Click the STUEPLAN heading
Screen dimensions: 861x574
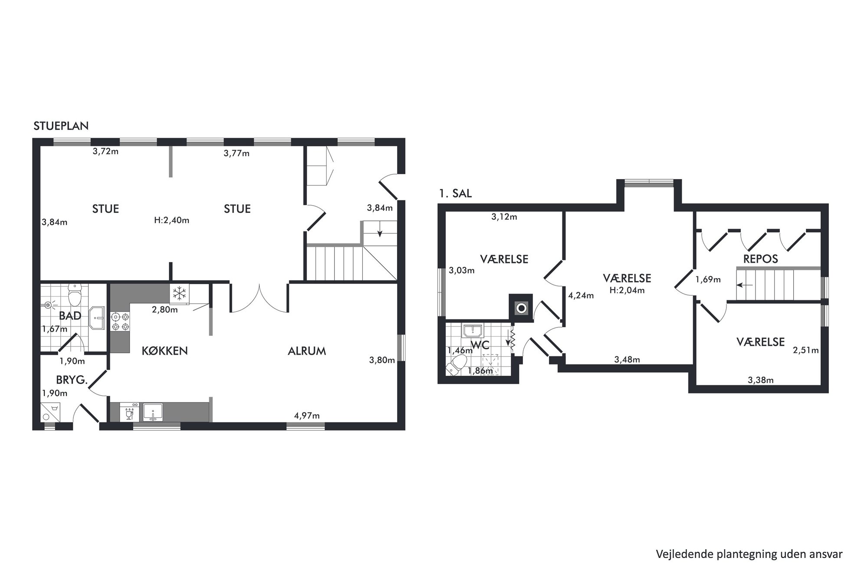[61, 126]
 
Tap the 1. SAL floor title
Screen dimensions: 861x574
[455, 194]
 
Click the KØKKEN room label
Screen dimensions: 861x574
[165, 351]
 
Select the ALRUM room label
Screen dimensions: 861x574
[307, 351]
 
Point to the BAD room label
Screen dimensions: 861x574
[70, 316]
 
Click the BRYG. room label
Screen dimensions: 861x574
[72, 380]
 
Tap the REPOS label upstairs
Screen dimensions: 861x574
[760, 259]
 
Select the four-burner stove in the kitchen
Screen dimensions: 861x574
[120, 322]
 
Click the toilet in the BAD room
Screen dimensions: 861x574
[76, 295]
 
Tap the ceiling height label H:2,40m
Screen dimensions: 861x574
[172, 220]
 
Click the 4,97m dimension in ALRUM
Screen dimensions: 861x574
[307, 416]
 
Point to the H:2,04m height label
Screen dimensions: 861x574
[627, 290]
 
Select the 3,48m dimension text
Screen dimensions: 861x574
[627, 359]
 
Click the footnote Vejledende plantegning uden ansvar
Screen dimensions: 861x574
[749, 554]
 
